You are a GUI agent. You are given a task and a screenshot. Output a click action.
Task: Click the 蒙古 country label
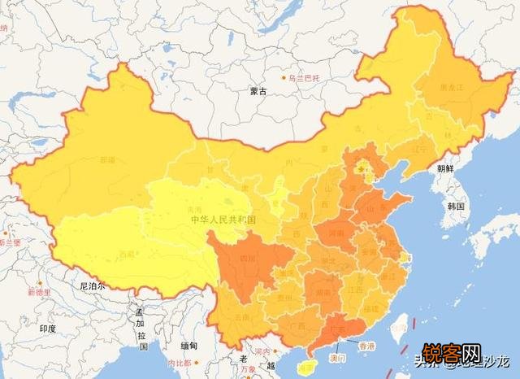258,92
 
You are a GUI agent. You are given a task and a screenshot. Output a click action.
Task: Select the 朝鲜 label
445,169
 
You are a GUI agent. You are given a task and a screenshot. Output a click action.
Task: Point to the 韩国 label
455,207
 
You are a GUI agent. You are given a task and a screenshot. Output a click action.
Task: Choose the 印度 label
47,329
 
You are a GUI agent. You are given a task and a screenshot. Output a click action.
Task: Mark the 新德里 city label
38,292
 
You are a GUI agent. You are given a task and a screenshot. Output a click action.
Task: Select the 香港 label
367,346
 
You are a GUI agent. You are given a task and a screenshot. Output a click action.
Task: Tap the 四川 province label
246,259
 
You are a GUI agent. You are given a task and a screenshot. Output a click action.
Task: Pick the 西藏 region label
126,255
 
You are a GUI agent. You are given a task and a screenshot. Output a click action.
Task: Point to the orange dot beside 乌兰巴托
284,79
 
